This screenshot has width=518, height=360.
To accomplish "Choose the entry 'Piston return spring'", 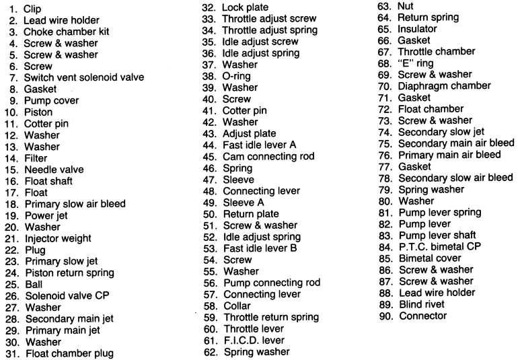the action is (69, 273).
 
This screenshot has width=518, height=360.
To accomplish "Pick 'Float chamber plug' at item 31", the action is (70, 353).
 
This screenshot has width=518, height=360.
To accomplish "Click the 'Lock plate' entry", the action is (247, 7).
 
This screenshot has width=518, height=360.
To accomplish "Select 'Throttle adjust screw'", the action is (269, 19).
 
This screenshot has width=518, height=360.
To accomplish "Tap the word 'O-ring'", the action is (236, 76).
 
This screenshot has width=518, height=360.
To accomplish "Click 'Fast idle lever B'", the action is (260, 248).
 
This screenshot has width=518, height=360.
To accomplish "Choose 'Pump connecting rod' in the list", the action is (272, 283).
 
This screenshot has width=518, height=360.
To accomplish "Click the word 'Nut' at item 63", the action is (406, 6).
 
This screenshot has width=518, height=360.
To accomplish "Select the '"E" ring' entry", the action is (416, 63).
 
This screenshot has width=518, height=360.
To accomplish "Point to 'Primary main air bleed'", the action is (449, 155).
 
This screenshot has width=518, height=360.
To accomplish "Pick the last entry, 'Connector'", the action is (422, 315).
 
